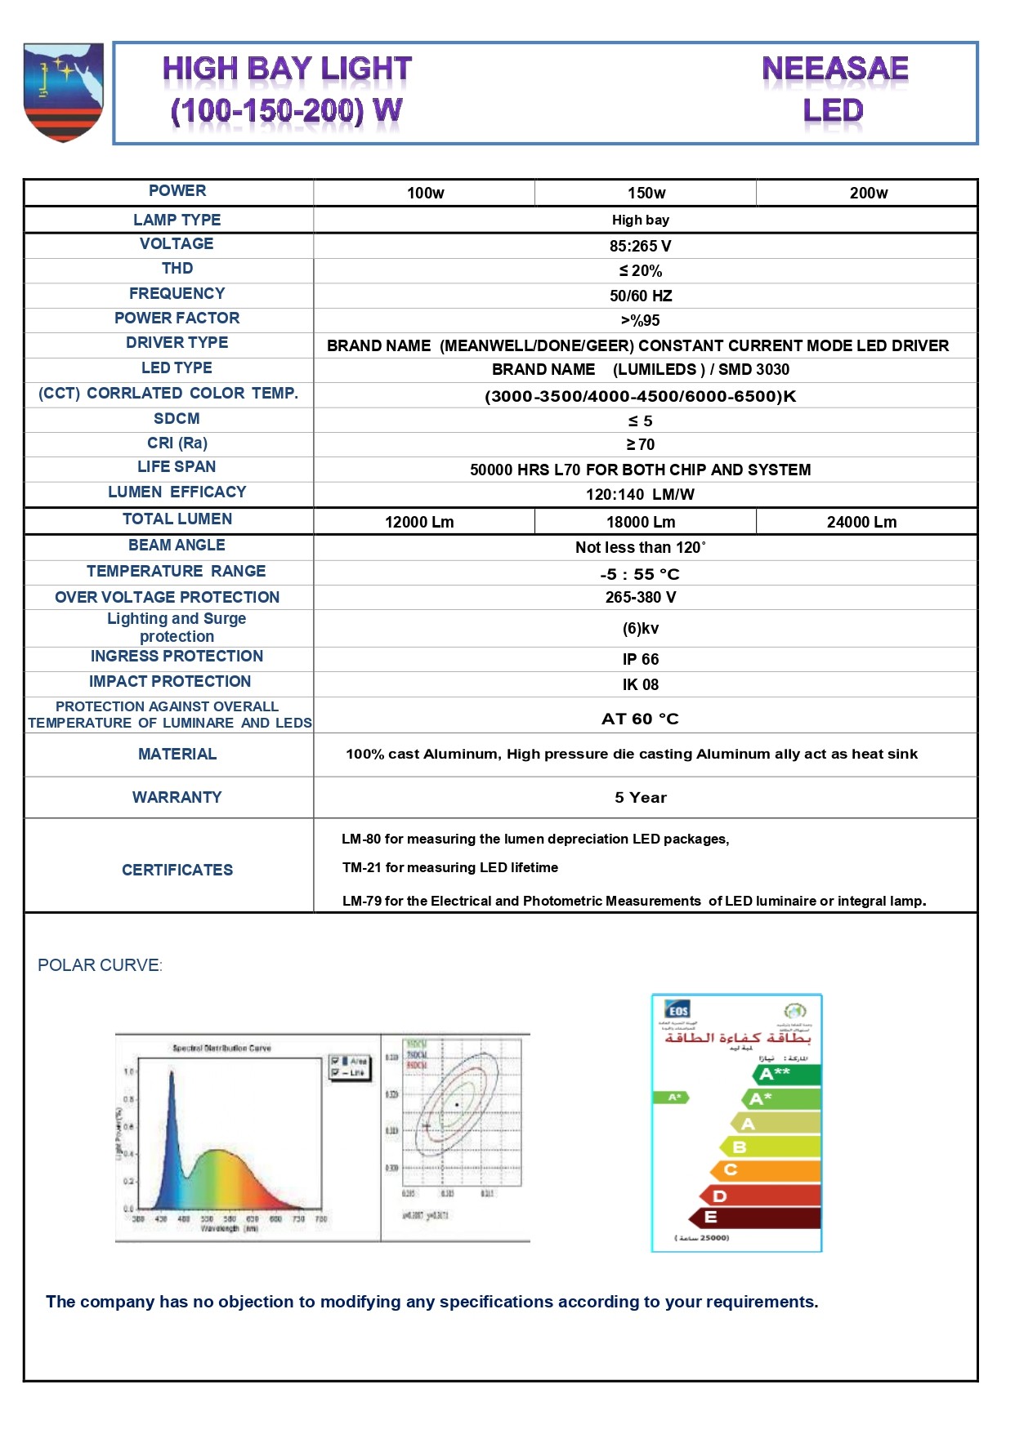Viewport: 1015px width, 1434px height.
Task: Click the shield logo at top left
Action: coord(64,92)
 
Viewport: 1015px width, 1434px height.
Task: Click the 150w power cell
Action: coord(646,194)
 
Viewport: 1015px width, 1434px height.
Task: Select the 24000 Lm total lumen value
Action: coord(861,523)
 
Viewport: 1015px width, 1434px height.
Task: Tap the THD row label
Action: coord(177,269)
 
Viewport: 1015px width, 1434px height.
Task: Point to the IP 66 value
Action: coord(640,660)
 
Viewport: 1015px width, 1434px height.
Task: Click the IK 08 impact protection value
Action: coord(640,685)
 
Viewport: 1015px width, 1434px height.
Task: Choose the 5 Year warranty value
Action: coord(641,798)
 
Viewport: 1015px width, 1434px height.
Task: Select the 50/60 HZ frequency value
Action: coord(641,296)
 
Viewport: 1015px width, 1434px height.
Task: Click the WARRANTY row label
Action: coord(177,798)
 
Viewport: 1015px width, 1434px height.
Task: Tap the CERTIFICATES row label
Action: coord(177,871)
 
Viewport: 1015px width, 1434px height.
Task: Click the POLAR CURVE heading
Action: coord(100,966)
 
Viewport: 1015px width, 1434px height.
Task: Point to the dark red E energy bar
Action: coord(756,1218)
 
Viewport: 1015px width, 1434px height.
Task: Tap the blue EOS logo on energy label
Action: coord(677,1010)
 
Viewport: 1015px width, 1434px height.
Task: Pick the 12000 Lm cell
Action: coord(419,523)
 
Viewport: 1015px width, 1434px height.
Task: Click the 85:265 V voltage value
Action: coord(640,247)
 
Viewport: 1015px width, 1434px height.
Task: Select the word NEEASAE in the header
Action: coord(834,69)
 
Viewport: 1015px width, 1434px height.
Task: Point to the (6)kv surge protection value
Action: coord(640,629)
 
